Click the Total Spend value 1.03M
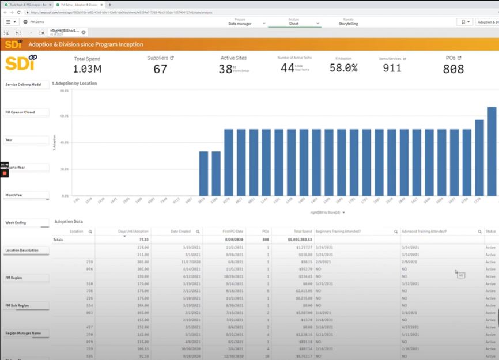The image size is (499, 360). pos(88,69)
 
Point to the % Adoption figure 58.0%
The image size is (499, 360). pos(343,68)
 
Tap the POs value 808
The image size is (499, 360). pos(453,69)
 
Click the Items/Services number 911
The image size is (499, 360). pos(392,68)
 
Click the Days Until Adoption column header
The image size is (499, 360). pos(133,231)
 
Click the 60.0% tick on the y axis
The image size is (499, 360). pos(64,116)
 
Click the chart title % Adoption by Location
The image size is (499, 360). pos(74,84)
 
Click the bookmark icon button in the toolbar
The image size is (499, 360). pos(464,22)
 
